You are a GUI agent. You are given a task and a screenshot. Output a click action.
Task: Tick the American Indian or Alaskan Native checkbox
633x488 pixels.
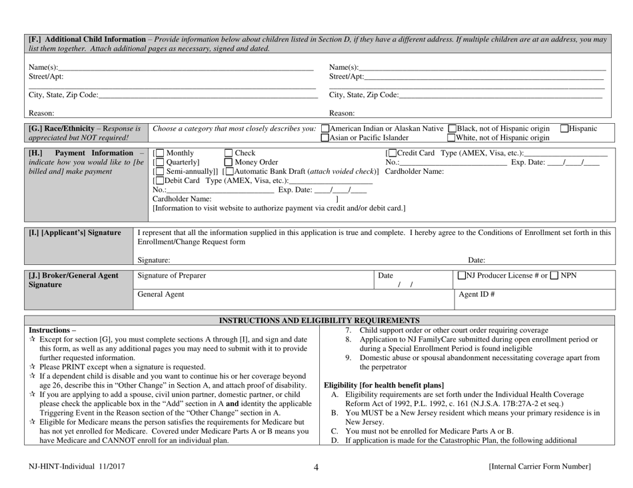point(324,128)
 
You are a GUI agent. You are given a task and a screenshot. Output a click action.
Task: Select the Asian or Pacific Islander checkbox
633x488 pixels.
point(324,138)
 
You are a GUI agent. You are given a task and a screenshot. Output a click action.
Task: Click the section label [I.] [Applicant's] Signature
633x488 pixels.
point(74,232)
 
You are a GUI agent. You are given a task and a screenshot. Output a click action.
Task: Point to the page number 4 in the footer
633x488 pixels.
point(316,467)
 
